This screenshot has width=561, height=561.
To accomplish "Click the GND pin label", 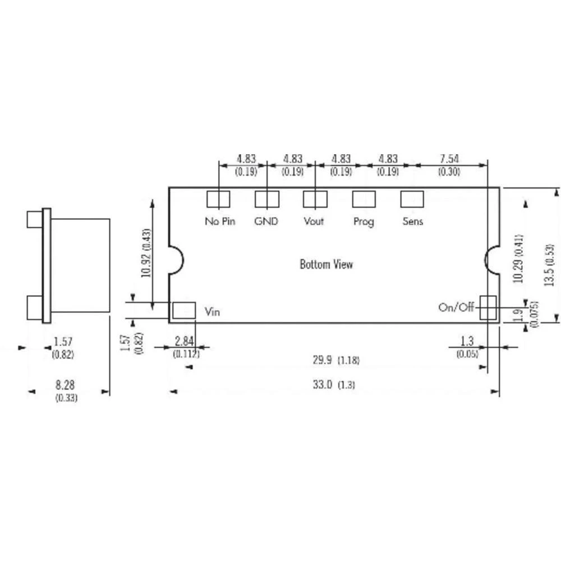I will point(266,221).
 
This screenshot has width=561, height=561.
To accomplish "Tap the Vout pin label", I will point(314,221).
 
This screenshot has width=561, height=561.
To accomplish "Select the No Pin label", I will point(220,221).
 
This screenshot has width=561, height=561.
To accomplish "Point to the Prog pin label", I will point(364,222).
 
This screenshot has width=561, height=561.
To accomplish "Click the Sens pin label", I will point(413,221).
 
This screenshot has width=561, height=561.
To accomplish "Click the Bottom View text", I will point(327,264).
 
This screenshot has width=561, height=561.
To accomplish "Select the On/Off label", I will point(456,307).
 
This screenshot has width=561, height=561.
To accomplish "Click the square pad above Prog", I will point(363,199).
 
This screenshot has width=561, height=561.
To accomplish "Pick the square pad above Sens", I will point(411,199).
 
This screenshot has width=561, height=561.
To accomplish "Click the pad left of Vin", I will point(183,310).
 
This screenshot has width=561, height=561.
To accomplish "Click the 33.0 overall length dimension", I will point(323,385).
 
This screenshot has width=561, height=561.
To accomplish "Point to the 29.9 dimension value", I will point(323,361).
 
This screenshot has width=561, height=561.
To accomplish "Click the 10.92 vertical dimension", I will point(146,254).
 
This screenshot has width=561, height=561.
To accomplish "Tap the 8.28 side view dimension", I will point(66,385).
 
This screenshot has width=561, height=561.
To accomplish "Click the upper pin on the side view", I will point(35,219).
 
